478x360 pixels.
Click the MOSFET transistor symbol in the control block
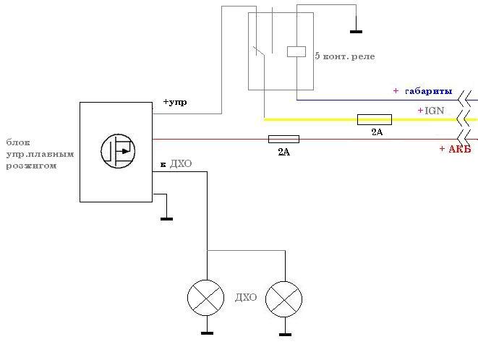[118, 151]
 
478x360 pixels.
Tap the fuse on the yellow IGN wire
[375, 119]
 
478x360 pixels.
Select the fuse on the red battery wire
[283, 139]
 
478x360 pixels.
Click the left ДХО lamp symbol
[206, 298]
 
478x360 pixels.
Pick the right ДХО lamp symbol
[283, 299]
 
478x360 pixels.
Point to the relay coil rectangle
[296, 51]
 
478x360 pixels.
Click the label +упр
[175, 102]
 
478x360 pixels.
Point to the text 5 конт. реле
[345, 56]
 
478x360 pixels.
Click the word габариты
[429, 91]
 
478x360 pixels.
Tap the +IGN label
[431, 111]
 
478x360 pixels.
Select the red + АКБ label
[455, 149]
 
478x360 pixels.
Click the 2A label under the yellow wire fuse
[377, 132]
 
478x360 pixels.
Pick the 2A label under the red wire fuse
[283, 152]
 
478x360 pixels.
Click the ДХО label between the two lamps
[246, 297]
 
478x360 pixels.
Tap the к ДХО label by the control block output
[176, 164]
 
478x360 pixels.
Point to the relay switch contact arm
[258, 51]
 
